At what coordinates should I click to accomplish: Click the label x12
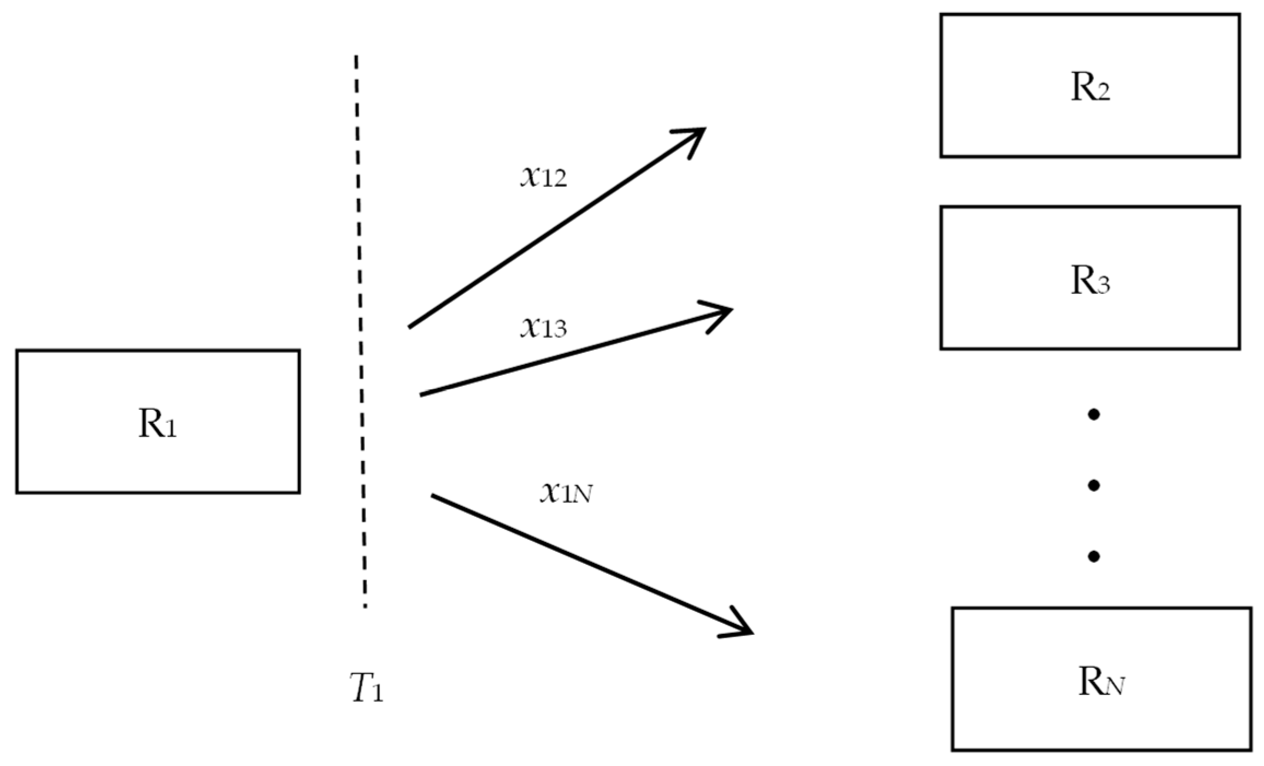(543, 177)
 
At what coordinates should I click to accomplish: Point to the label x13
(543, 327)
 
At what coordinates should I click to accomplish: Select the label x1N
(566, 493)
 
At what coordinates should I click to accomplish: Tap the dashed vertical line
(360, 328)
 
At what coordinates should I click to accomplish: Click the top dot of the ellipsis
(1093, 415)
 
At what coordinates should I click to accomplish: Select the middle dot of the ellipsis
(1093, 485)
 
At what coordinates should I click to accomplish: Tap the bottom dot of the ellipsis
(1093, 556)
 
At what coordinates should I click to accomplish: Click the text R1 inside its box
(158, 424)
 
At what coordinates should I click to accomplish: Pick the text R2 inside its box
(1090, 88)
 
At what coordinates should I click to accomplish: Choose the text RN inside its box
(1101, 683)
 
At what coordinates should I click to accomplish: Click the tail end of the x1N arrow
(433, 496)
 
